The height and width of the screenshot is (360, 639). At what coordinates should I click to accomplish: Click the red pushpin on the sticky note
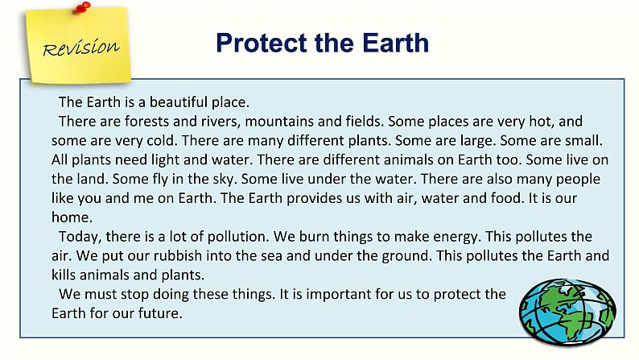[83, 7]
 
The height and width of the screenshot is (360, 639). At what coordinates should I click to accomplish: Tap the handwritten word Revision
[81, 48]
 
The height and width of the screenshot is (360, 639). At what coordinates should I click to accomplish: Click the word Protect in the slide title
[262, 43]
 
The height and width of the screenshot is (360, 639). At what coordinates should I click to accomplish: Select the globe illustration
[567, 312]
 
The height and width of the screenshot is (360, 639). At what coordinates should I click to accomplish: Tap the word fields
[365, 121]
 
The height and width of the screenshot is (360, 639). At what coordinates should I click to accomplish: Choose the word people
[578, 180]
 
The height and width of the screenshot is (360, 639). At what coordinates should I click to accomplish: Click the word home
[72, 217]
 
